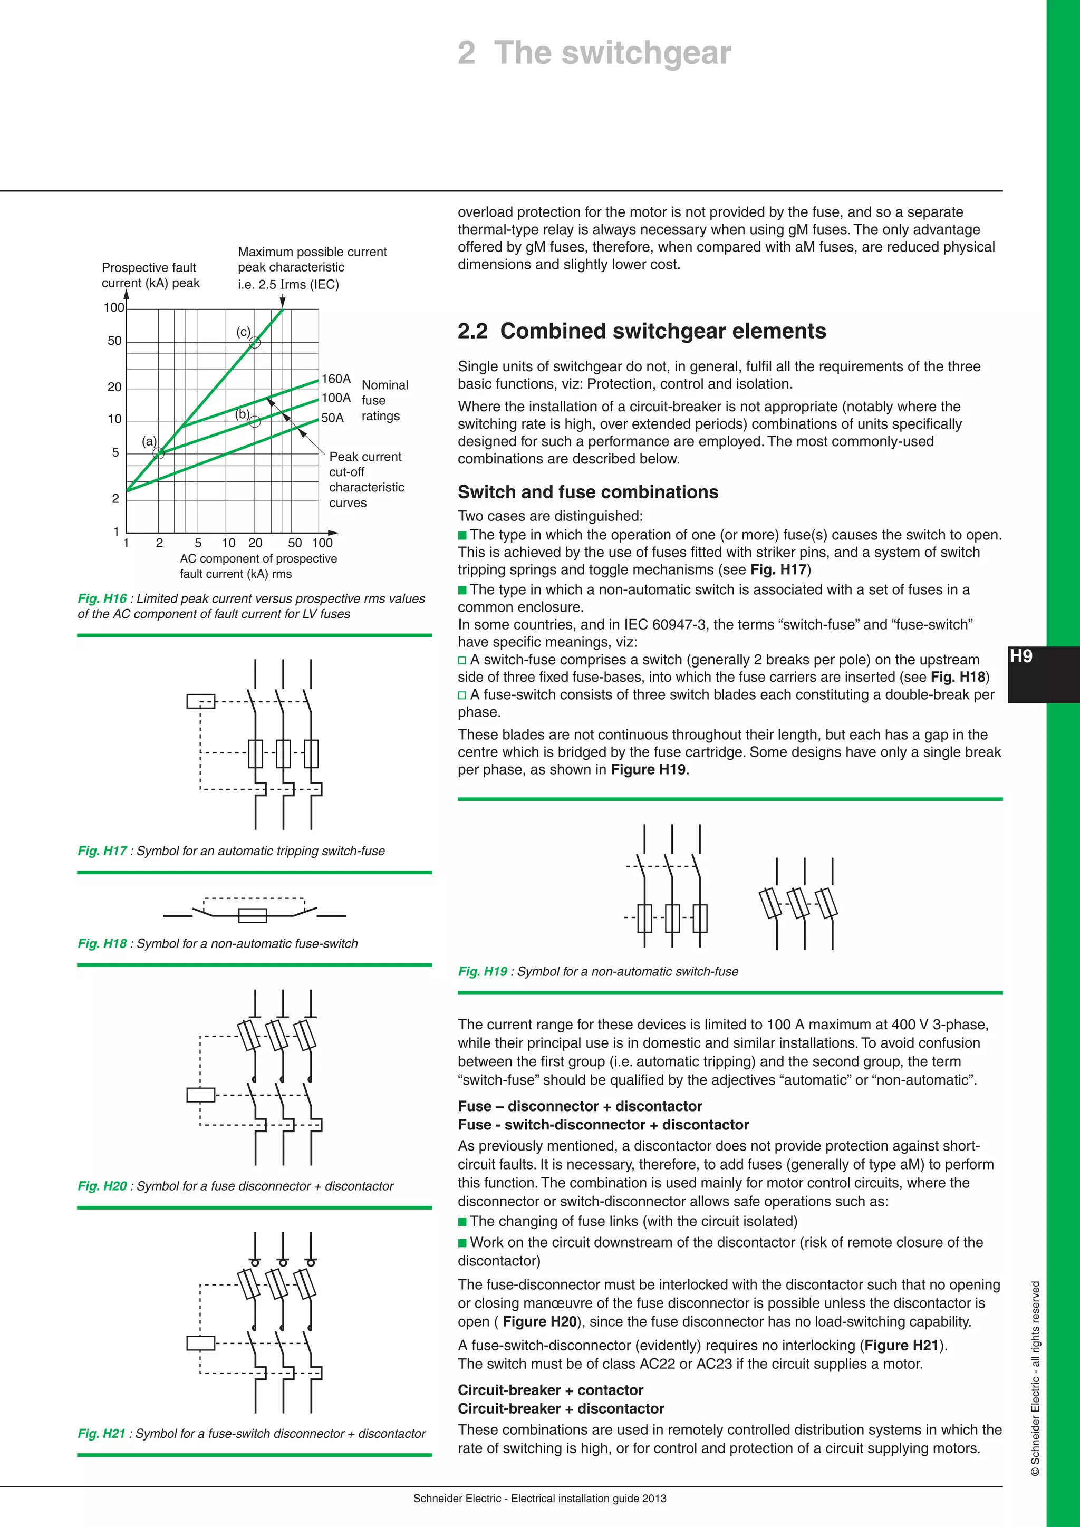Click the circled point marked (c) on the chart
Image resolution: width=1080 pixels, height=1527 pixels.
255,343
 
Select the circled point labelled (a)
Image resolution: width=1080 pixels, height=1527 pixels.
158,453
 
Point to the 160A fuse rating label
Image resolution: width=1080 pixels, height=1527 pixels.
336,379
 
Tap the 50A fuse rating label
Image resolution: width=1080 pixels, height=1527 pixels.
333,418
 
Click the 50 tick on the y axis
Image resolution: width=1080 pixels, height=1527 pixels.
114,341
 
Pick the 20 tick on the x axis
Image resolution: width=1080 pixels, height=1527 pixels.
255,543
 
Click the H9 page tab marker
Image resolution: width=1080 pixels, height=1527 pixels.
1021,656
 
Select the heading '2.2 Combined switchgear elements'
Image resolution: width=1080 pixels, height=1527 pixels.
641,331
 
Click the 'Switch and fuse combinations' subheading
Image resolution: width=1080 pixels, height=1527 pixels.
588,492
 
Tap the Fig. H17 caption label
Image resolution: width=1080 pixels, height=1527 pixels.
102,851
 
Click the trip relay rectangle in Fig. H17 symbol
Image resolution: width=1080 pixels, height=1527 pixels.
200,701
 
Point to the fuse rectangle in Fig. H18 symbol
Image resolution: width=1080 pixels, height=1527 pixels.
252,916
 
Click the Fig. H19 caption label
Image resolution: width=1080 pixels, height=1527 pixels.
482,972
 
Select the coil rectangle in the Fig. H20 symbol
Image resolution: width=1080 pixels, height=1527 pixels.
200,1095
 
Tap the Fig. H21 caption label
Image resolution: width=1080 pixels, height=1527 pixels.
101,1433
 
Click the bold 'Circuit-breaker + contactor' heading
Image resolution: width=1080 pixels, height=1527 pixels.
550,1390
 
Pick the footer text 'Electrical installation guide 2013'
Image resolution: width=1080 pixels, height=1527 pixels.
589,1499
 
